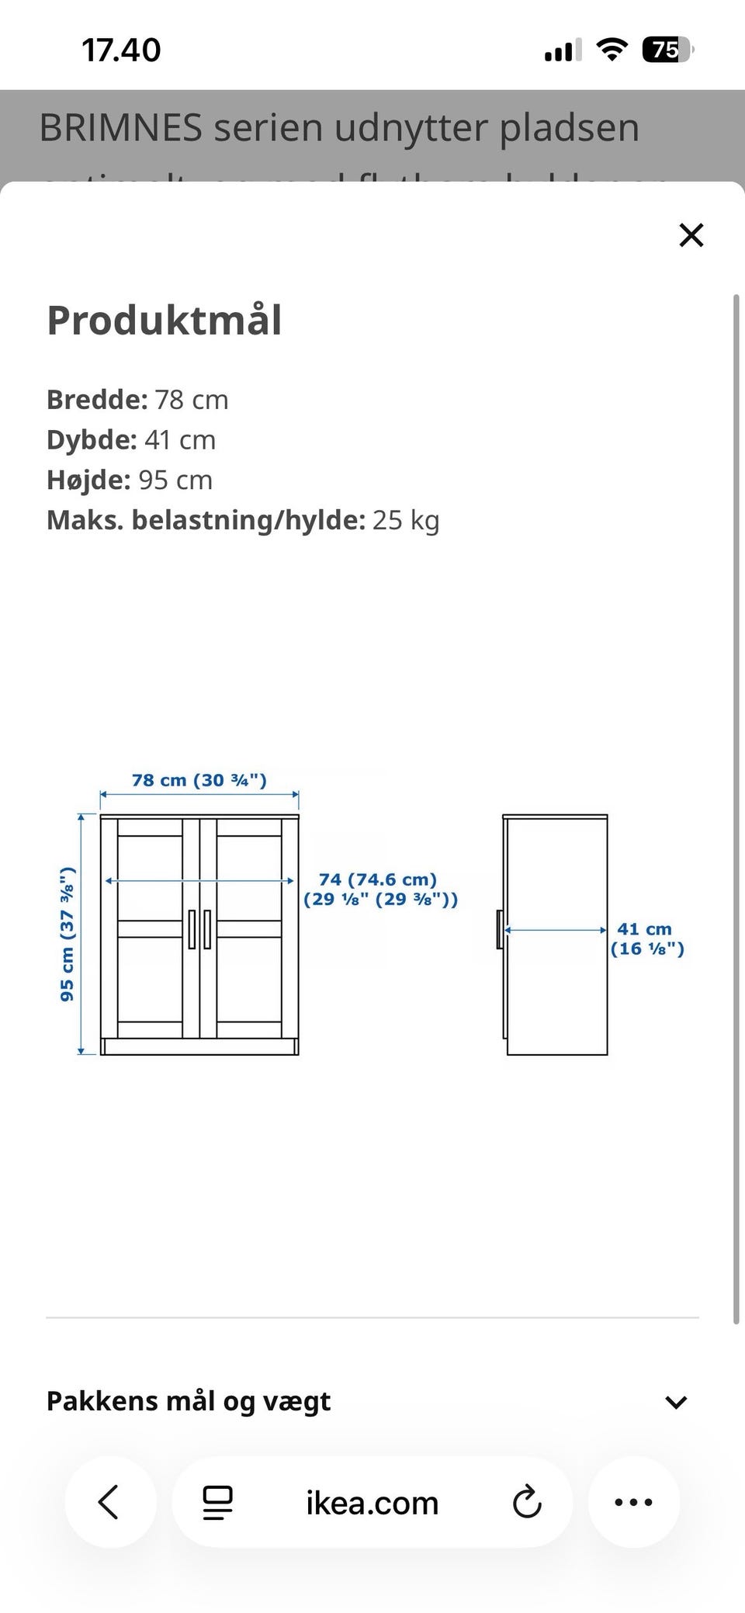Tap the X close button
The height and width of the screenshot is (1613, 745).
pyautogui.click(x=691, y=234)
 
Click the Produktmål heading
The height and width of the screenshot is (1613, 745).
pyautogui.click(x=165, y=320)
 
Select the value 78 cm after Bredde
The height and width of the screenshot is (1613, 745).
pyautogui.click(x=192, y=400)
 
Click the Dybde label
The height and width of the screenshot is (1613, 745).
pyautogui.click(x=92, y=440)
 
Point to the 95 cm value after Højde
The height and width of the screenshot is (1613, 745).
pyautogui.click(x=175, y=480)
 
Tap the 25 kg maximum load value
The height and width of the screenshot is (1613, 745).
pyautogui.click(x=406, y=520)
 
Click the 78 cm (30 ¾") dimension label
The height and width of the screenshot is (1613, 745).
pyautogui.click(x=199, y=780)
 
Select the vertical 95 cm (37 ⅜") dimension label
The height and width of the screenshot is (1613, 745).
pyautogui.click(x=68, y=934)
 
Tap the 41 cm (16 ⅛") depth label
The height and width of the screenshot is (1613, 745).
pyautogui.click(x=646, y=938)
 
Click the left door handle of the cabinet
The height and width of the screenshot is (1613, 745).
pyautogui.click(x=192, y=929)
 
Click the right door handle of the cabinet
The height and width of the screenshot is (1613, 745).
pyautogui.click(x=207, y=929)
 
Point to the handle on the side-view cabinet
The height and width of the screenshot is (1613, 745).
pyautogui.click(x=500, y=929)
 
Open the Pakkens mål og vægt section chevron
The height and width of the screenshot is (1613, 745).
pyautogui.click(x=676, y=1402)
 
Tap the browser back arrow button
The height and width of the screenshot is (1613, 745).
pyautogui.click(x=109, y=1502)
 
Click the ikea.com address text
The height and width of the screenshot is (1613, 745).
pyautogui.click(x=372, y=1503)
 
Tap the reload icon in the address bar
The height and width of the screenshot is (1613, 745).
pyautogui.click(x=527, y=1502)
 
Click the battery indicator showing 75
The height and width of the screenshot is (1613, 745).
pyautogui.click(x=667, y=50)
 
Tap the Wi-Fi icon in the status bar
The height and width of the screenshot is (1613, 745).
pyautogui.click(x=612, y=50)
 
